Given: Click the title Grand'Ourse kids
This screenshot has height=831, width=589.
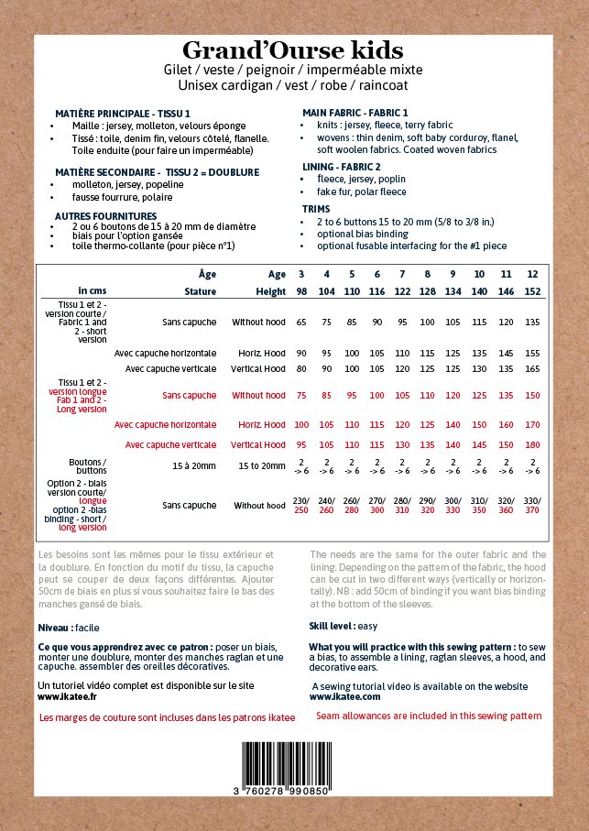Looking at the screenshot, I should pos(292,50).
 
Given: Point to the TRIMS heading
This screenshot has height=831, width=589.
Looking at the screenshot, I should pos(316,209).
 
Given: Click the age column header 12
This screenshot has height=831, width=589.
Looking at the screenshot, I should pos(532,274).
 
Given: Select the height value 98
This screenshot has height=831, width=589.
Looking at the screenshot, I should pos(300,291).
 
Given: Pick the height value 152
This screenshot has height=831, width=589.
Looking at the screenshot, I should pos(532,291).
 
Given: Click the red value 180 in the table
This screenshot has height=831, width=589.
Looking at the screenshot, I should pos(532,445).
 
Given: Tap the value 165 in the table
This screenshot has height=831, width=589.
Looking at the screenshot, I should pos(532,368).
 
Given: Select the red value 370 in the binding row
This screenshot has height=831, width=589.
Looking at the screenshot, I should pos(532,509).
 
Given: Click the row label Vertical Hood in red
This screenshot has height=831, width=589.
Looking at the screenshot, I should pos(258,445).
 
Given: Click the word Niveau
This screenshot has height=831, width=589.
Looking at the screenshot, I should pos(53,629).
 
